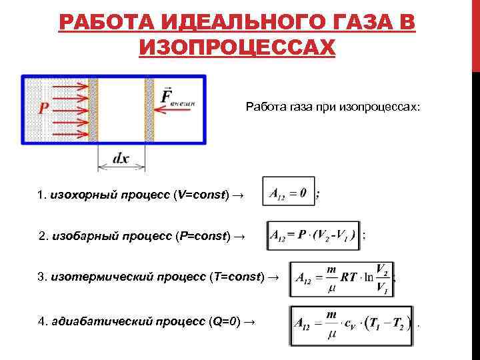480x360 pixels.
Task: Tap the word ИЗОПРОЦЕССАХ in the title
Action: [x=237, y=48]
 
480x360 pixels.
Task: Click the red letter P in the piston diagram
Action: [x=43, y=108]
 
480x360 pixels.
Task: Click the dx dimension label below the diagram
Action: [x=121, y=159]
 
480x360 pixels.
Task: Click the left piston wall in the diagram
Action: [x=93, y=109]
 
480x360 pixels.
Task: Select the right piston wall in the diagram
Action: [x=149, y=109]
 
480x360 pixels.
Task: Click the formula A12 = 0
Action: [x=288, y=193]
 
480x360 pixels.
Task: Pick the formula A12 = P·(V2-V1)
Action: [x=313, y=236]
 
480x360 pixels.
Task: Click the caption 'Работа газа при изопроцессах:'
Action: [x=333, y=106]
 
